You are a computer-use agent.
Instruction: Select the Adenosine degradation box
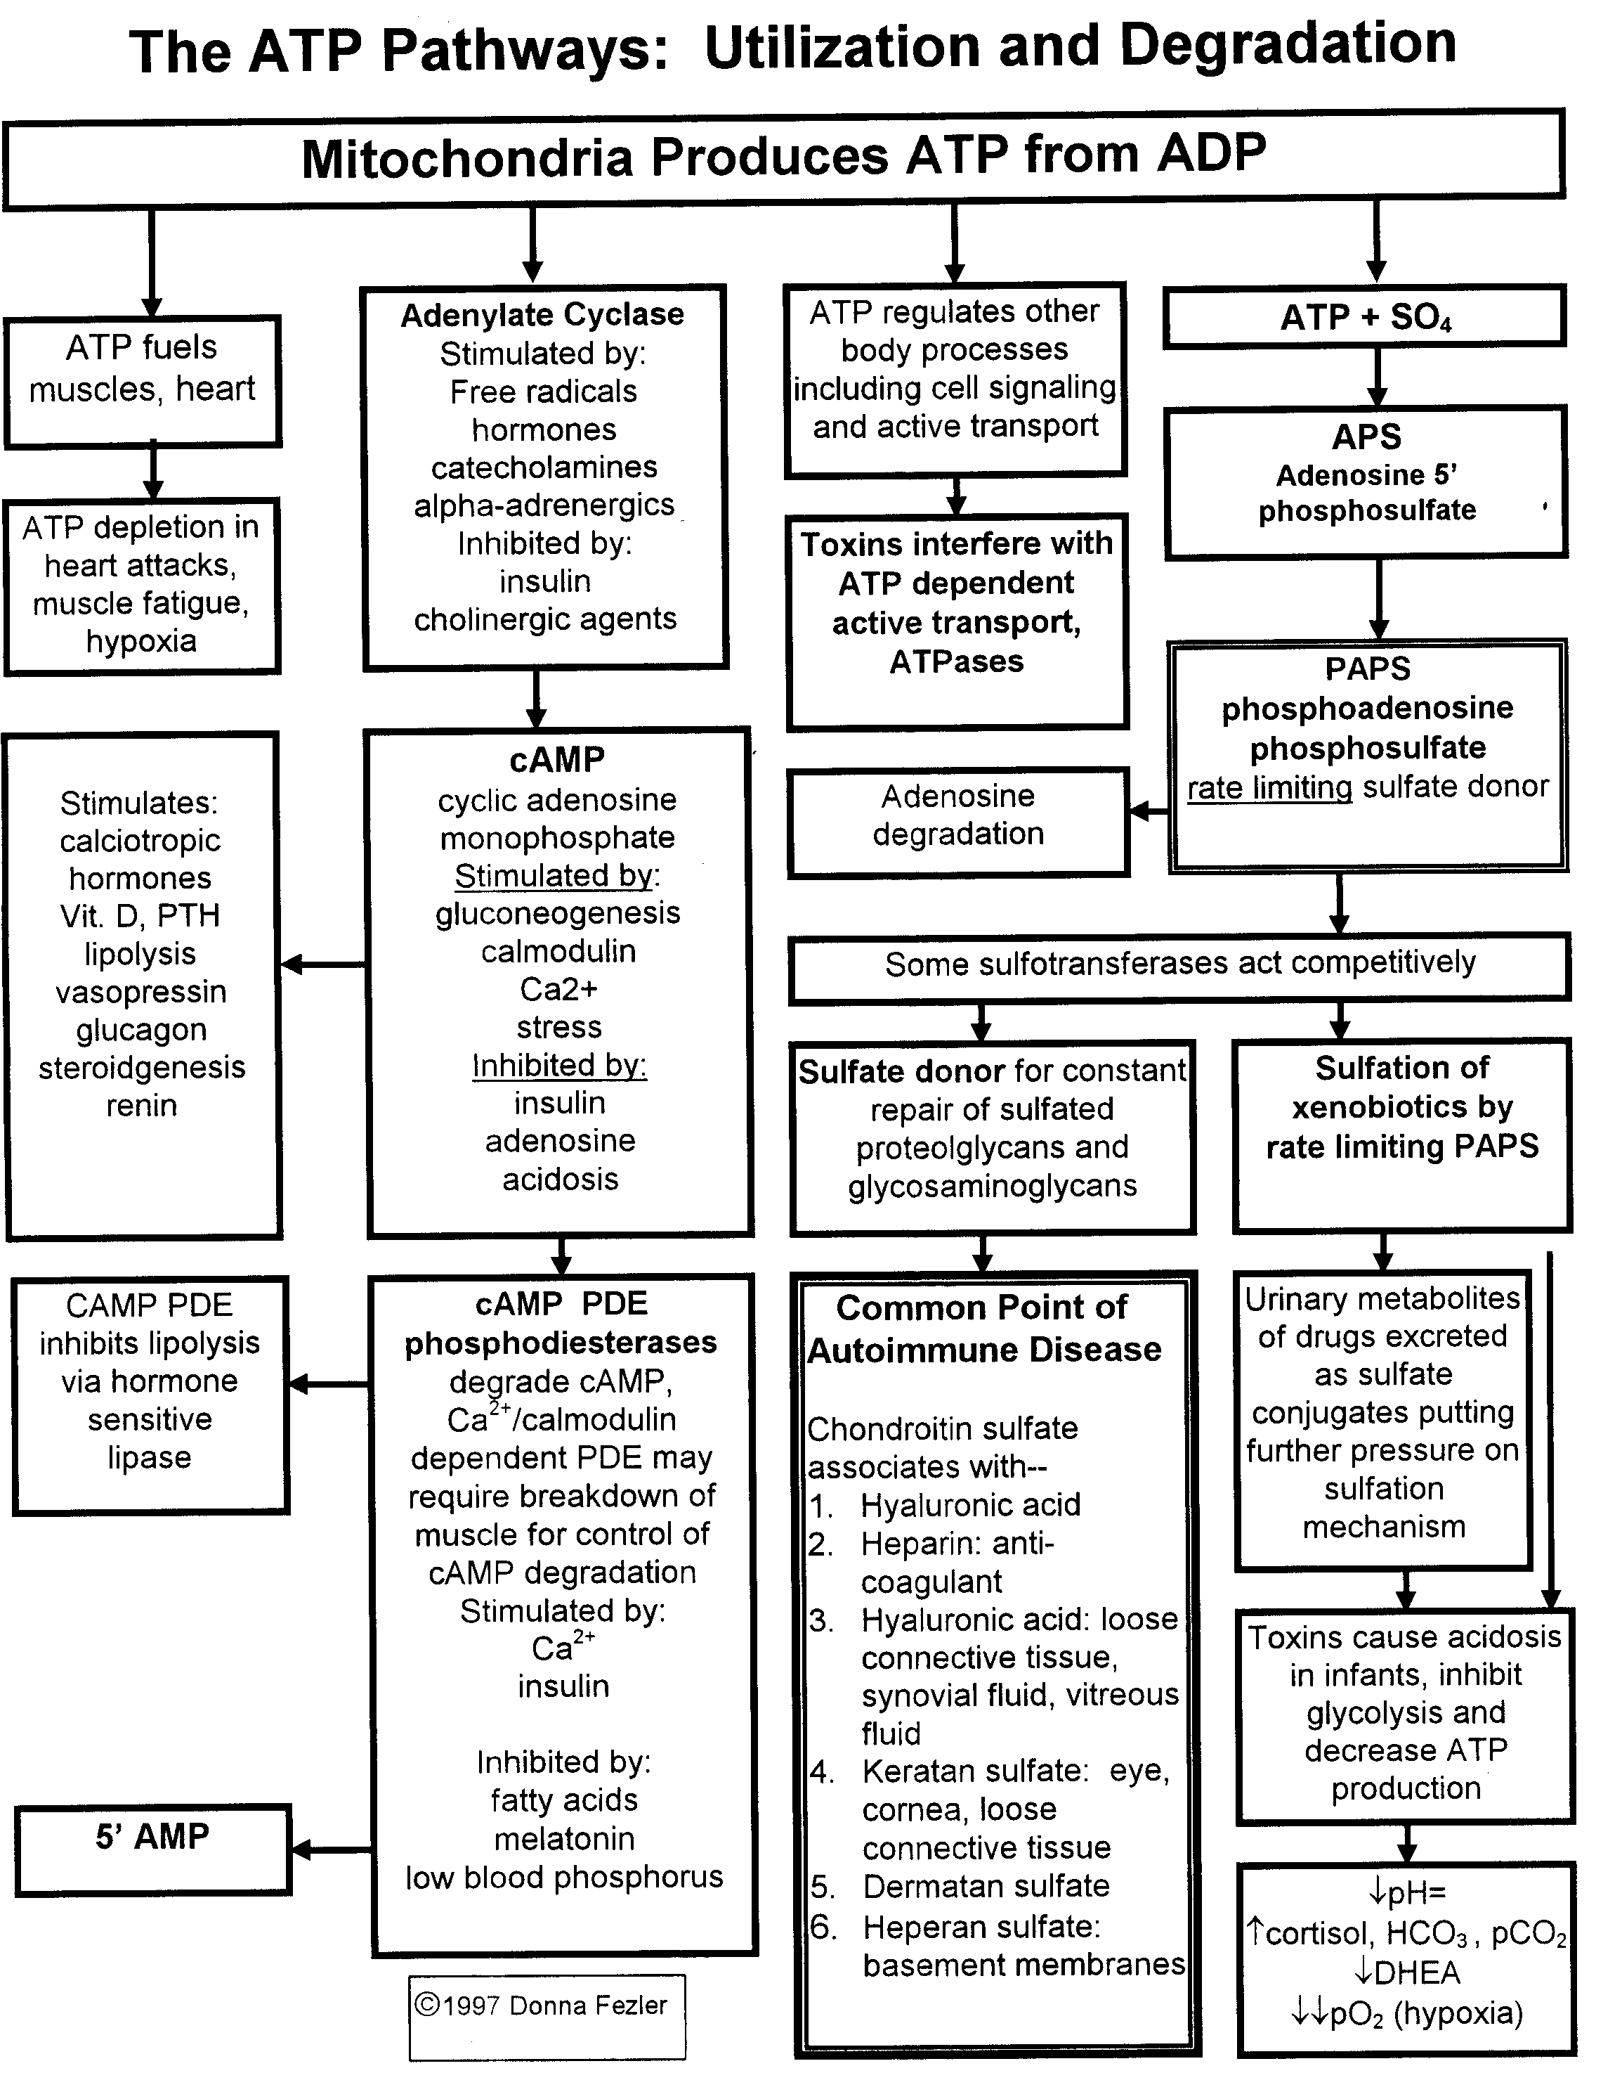(x=958, y=822)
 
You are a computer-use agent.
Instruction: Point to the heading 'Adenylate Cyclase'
(x=542, y=314)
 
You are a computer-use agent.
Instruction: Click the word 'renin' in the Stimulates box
(x=141, y=1105)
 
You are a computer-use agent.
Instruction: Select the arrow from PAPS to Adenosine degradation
(x=1149, y=811)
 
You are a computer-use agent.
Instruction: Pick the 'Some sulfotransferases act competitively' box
(x=1179, y=968)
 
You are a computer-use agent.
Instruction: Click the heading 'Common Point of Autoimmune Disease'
(x=984, y=1328)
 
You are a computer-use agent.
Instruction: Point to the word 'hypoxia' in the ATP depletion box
(x=141, y=641)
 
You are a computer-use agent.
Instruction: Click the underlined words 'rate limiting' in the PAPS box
(x=1269, y=787)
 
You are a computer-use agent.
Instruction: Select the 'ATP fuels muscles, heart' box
(x=143, y=382)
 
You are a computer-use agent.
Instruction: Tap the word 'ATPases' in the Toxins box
(x=957, y=661)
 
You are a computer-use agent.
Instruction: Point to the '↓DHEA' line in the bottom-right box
(x=1406, y=1973)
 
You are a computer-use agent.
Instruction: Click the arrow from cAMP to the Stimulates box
(x=324, y=964)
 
